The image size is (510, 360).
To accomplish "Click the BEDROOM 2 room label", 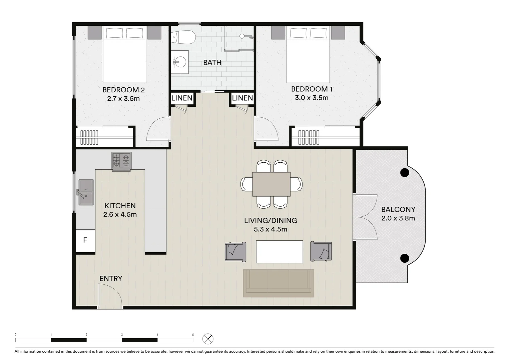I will [123, 90].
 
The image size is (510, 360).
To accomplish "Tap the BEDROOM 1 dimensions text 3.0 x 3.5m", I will [311, 98].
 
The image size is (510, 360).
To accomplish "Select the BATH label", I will [212, 62].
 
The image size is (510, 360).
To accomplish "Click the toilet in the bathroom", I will [183, 37].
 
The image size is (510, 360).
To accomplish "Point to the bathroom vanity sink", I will [180, 62].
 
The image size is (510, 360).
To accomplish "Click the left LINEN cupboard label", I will [182, 98].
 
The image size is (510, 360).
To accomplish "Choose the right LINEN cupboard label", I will [242, 98].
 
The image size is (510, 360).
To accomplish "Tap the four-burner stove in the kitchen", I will [121, 160].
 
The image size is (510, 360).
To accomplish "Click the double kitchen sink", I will [86, 192].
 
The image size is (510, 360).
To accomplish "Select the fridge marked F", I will [85, 240].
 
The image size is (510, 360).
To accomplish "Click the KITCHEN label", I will [120, 206].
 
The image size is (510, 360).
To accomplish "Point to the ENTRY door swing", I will [110, 295].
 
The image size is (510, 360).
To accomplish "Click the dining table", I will [271, 184].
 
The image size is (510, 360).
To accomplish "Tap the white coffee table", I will [279, 252].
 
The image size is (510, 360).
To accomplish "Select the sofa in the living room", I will [279, 283].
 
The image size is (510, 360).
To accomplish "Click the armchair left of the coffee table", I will [235, 252].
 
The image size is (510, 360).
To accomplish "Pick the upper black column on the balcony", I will [404, 173].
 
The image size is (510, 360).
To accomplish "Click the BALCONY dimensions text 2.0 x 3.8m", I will [398, 218].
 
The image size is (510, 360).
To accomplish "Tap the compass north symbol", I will [208, 339].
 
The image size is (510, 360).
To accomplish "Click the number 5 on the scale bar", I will [193, 335].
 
